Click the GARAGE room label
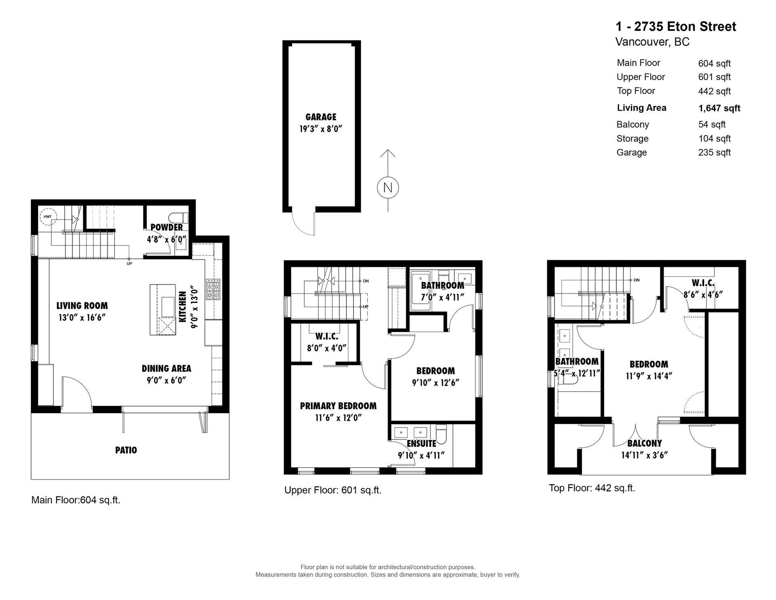coord(321,117)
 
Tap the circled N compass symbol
coord(388,188)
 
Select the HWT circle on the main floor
coord(48,217)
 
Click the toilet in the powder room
coord(179,218)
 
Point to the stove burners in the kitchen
coord(213,289)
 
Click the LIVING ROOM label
coord(82,306)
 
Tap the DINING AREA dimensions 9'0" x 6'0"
coord(166,380)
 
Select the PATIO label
coord(126,450)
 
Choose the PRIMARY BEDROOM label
coord(338,406)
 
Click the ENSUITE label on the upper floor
coord(422,444)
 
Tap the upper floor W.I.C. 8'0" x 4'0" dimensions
coord(327,348)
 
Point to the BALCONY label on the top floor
coord(645,444)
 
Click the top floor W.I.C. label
coord(703,283)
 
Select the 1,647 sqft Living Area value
coord(719,108)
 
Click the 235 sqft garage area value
coord(715,152)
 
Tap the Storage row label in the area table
coord(633,139)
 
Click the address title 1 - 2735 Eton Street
coord(676,27)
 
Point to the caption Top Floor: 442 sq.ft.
coord(592,488)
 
